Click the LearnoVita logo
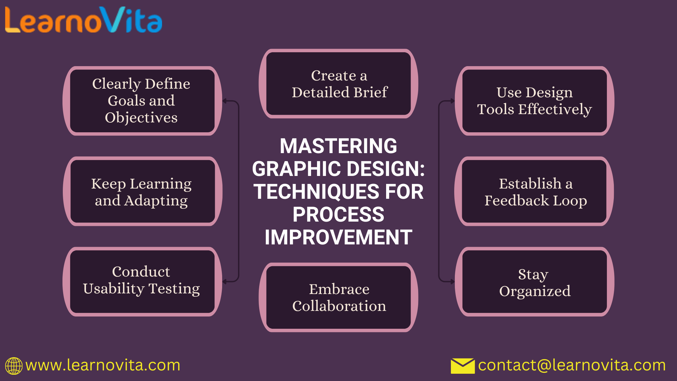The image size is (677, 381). [x=83, y=20]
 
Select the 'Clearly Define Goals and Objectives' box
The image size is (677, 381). [x=142, y=101]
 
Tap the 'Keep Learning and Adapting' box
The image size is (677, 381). [x=142, y=191]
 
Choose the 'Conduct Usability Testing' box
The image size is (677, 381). [x=142, y=281]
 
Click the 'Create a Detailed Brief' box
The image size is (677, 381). [x=338, y=84]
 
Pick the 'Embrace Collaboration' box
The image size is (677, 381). [x=338, y=297]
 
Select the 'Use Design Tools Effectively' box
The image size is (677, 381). [x=535, y=101]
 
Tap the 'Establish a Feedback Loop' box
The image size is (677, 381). [x=535, y=191]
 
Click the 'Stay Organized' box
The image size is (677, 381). [x=535, y=281]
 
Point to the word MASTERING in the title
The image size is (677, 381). [x=338, y=146]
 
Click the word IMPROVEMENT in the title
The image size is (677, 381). [x=338, y=237]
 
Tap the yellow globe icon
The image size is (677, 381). [x=14, y=366]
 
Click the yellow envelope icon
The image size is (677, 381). [x=463, y=366]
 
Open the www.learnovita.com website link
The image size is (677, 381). [x=103, y=365]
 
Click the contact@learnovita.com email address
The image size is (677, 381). [x=572, y=365]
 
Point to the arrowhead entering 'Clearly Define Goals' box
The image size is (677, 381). [x=225, y=101]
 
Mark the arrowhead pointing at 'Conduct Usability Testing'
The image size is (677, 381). [x=225, y=282]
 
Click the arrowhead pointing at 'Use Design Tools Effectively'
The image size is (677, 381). [x=453, y=101]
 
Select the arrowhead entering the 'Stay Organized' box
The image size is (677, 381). [x=453, y=282]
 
